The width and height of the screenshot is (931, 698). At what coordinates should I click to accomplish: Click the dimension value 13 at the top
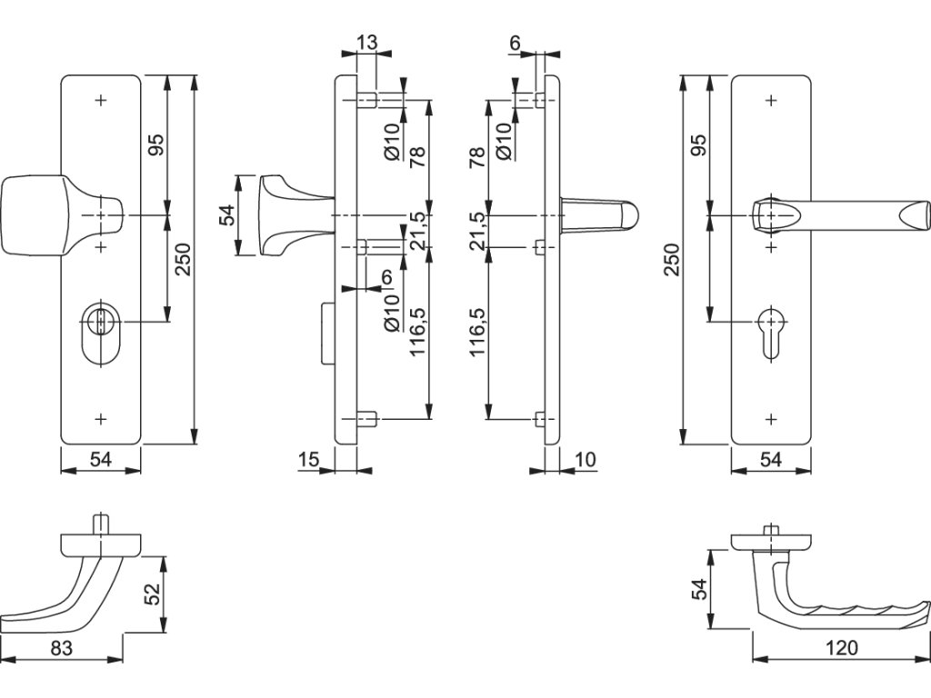(x=366, y=42)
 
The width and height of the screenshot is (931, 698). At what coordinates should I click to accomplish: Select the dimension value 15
(x=309, y=459)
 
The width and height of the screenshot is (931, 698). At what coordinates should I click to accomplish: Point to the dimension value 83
(x=61, y=648)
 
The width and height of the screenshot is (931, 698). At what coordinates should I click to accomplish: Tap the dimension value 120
(x=841, y=647)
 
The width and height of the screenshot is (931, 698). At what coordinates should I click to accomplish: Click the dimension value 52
(x=153, y=593)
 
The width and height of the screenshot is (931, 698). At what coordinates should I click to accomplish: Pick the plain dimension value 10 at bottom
(x=585, y=459)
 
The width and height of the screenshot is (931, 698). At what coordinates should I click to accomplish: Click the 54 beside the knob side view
(x=227, y=214)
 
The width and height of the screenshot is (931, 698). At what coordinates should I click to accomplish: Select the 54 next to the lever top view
(x=701, y=589)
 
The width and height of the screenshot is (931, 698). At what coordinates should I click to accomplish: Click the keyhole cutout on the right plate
(x=771, y=333)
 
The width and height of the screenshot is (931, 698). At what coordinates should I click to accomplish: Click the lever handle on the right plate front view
(x=841, y=214)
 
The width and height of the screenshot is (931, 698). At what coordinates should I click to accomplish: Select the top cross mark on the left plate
(x=101, y=100)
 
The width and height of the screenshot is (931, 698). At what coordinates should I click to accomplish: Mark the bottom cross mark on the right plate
(x=771, y=419)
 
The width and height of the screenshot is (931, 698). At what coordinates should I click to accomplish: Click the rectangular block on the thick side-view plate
(x=327, y=333)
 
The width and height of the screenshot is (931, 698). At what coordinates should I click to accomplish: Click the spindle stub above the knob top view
(x=101, y=524)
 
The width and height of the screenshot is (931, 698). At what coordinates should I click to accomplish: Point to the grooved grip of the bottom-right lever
(x=861, y=610)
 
